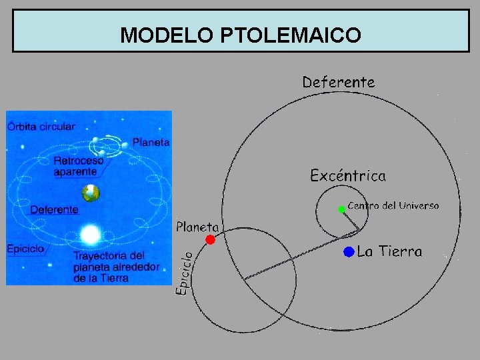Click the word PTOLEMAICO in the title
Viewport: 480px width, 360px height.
pyautogui.click(x=289, y=35)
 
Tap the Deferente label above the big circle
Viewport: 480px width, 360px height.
pyautogui.click(x=339, y=82)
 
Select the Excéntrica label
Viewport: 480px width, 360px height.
pyautogui.click(x=348, y=176)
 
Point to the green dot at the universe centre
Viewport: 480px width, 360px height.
pyautogui.click(x=341, y=209)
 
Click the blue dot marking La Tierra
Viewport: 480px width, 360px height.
pyautogui.click(x=348, y=251)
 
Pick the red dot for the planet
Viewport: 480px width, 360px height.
pyautogui.click(x=210, y=239)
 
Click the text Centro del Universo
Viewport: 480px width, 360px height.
pyautogui.click(x=393, y=206)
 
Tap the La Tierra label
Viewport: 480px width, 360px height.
pyautogui.click(x=390, y=252)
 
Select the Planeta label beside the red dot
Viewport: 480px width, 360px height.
pyautogui.click(x=197, y=227)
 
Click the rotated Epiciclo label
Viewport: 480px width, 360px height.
pyautogui.click(x=185, y=273)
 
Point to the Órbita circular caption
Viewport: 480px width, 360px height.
pyautogui.click(x=41, y=126)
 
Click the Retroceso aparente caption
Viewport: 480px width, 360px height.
pyautogui.click(x=78, y=166)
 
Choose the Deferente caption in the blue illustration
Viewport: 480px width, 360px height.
pyautogui.click(x=54, y=209)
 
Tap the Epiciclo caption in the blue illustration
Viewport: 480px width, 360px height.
pyautogui.click(x=26, y=249)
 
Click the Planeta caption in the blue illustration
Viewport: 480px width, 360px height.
pyautogui.click(x=151, y=142)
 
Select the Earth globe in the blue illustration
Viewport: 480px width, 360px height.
pyautogui.click(x=91, y=193)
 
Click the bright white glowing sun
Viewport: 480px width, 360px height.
pyautogui.click(x=90, y=234)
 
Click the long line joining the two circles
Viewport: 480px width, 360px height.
pyautogui.click(x=300, y=255)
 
